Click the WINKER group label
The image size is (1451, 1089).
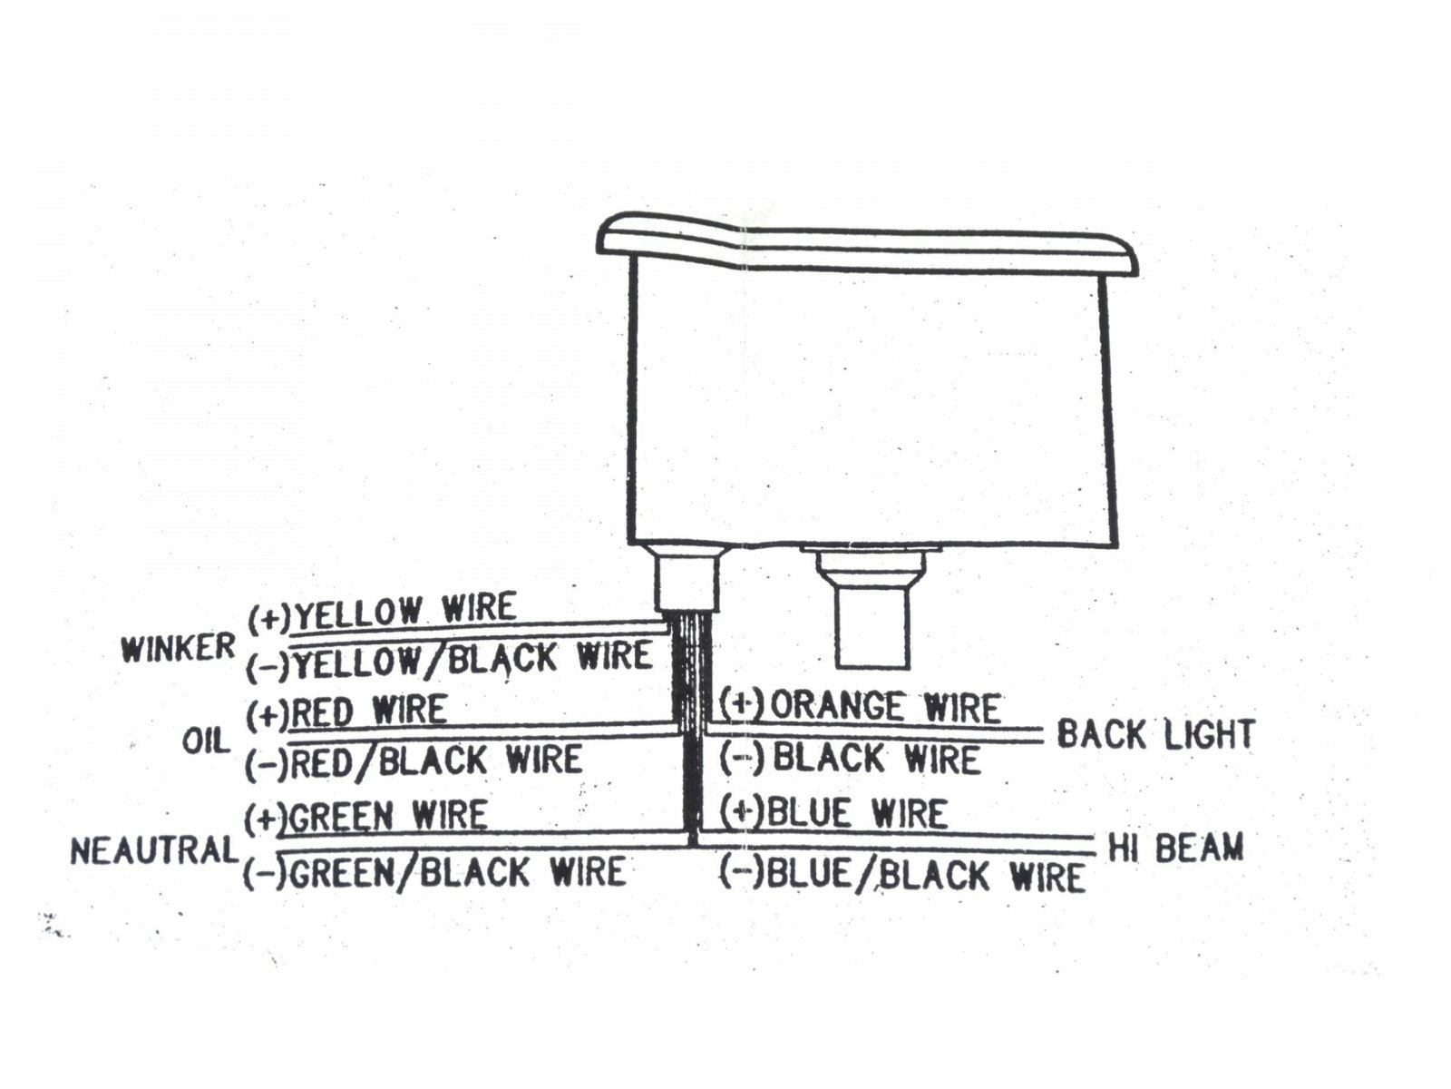tap(178, 649)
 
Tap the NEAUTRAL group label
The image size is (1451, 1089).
tap(154, 851)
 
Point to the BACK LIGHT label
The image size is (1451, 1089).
tap(1155, 734)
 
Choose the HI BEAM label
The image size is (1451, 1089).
tap(1175, 848)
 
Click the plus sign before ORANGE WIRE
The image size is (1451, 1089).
tap(743, 703)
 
